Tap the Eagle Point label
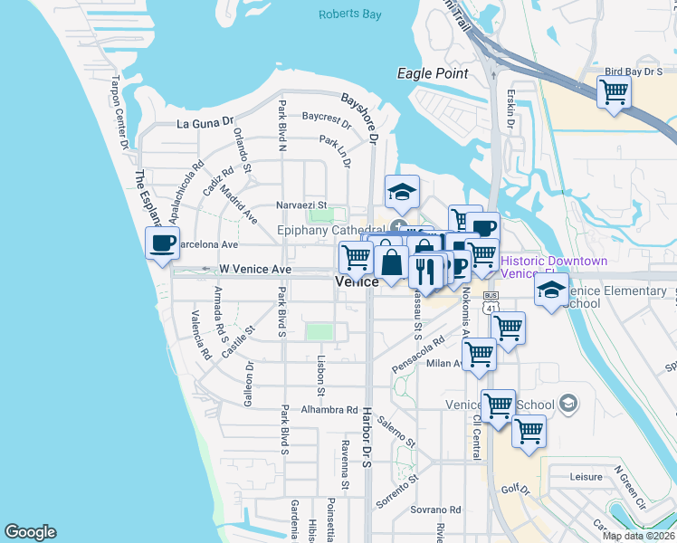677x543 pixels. [434, 73]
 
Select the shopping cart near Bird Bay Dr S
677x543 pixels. [615, 91]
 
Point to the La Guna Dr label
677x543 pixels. [205, 123]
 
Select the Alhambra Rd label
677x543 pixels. [331, 410]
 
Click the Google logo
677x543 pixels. [30, 532]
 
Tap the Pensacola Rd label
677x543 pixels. [418, 356]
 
